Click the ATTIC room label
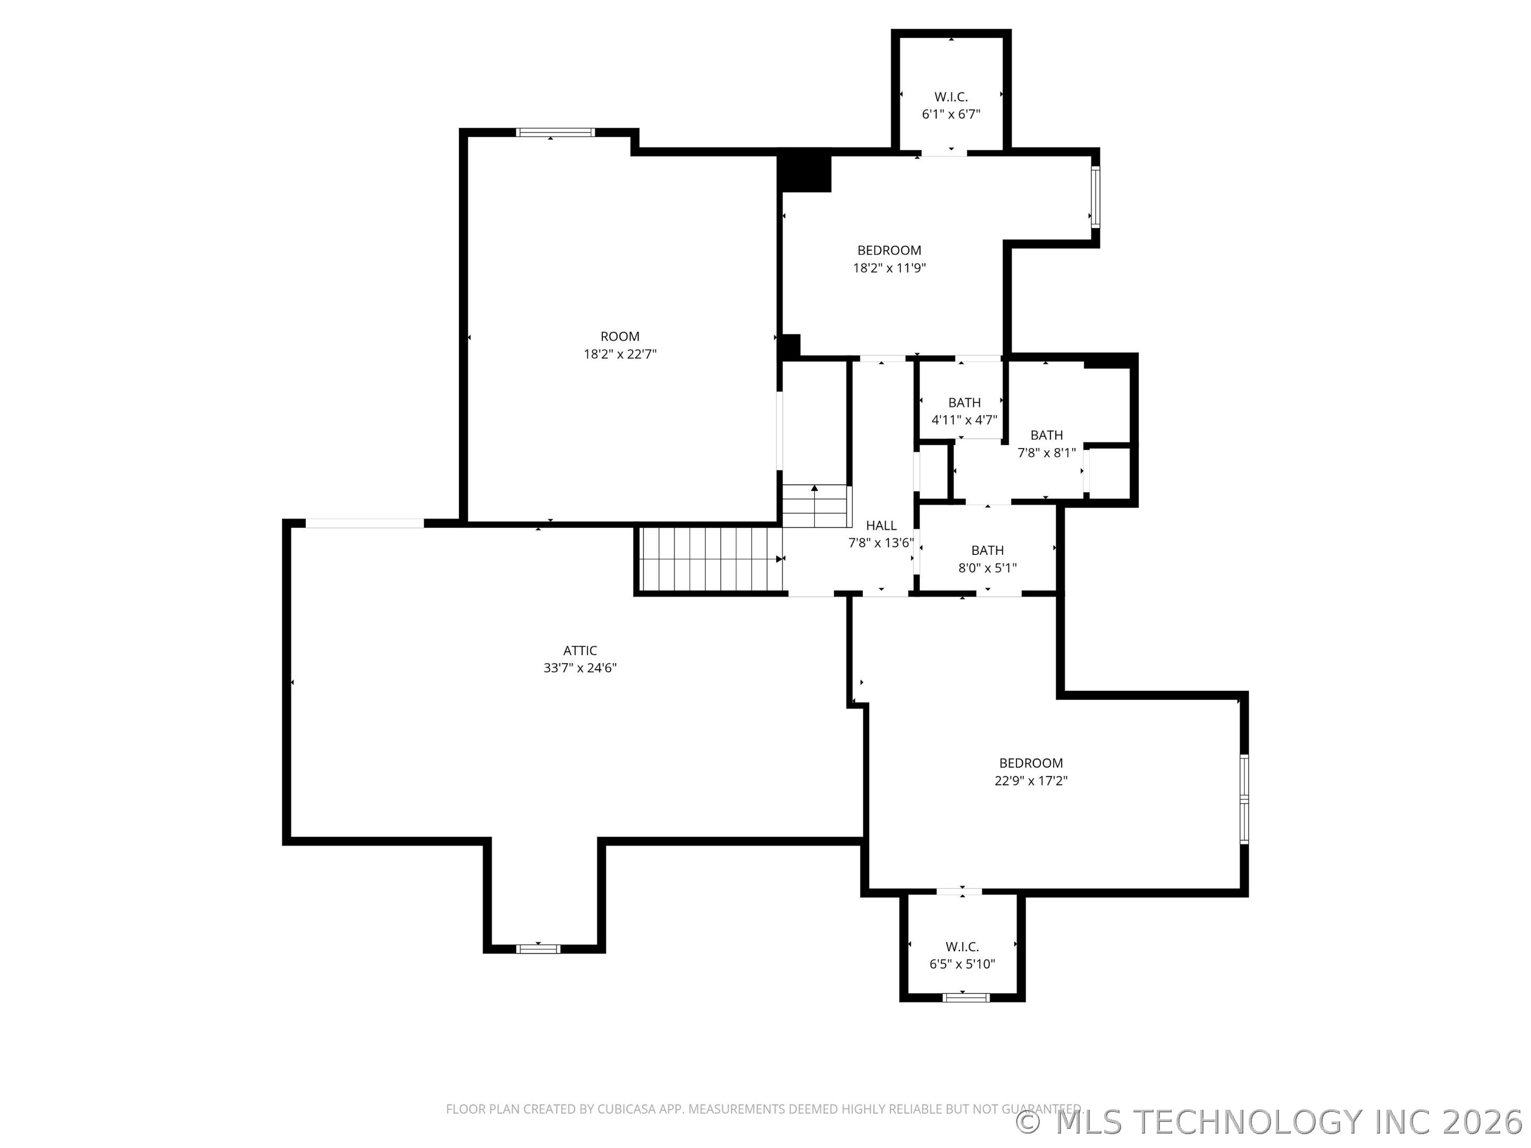(580, 651)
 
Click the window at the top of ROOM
(555, 132)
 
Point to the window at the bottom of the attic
(539, 949)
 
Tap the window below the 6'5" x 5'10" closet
(966, 997)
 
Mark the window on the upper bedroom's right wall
(1096, 197)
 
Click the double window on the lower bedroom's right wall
(1244, 799)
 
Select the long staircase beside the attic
(710, 559)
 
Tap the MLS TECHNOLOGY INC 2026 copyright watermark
(1272, 1122)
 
